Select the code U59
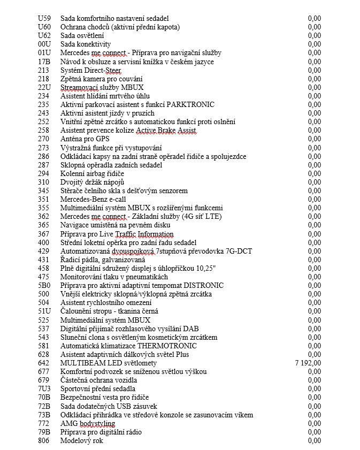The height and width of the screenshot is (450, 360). click(x=44, y=18)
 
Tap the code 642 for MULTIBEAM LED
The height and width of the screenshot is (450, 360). click(x=43, y=363)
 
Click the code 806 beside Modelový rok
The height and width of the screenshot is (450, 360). click(x=43, y=440)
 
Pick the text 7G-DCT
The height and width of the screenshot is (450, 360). click(x=240, y=251)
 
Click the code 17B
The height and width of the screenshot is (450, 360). click(x=44, y=62)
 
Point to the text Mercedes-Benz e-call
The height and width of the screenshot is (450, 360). click(x=93, y=199)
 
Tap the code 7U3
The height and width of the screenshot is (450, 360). click(x=44, y=388)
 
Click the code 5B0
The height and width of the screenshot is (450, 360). click(x=44, y=286)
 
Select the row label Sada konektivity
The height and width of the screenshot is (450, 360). click(x=86, y=44)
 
